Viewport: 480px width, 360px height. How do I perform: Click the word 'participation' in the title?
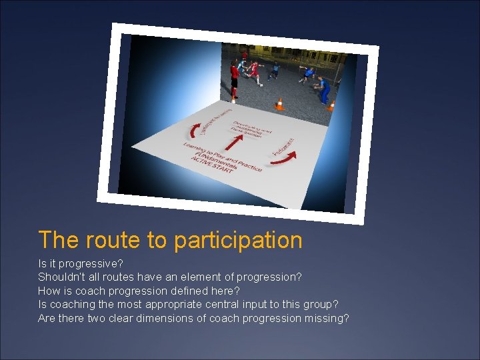coord(238,240)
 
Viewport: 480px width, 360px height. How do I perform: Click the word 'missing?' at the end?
coord(327,319)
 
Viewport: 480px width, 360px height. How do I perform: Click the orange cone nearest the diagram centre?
coord(279,105)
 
